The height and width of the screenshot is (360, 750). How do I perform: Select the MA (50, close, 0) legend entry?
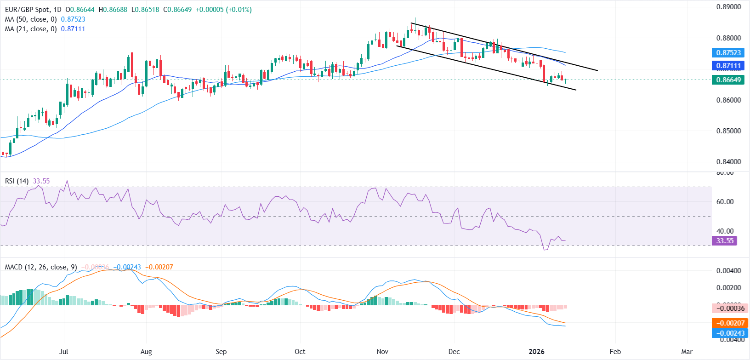[31, 19]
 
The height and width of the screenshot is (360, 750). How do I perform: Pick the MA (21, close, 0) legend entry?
[31, 29]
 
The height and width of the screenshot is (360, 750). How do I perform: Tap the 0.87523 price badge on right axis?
[728, 53]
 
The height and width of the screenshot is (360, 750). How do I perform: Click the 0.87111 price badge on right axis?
[728, 66]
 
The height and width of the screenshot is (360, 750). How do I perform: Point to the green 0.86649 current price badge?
[728, 80]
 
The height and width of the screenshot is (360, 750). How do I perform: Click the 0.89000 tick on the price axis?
[728, 7]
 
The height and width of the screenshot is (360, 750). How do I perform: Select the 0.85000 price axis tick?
[728, 131]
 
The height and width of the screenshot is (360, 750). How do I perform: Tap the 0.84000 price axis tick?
[728, 162]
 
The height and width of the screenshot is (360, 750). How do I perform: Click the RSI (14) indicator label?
[17, 181]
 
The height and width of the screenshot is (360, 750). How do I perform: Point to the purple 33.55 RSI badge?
[725, 241]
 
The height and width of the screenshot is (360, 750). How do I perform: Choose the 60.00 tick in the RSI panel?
[725, 202]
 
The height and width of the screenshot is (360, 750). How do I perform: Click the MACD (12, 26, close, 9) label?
[41, 267]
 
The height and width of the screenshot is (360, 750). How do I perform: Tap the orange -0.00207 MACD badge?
[730, 323]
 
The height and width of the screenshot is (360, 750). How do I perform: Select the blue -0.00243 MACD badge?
[730, 333]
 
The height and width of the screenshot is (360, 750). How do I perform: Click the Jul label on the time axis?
[64, 352]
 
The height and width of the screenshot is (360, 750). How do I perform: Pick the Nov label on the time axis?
[382, 352]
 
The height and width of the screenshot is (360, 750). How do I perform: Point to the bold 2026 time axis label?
[536, 352]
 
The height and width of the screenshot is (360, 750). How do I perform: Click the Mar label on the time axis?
[687, 352]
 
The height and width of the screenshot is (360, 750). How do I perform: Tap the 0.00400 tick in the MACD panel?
[728, 271]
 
